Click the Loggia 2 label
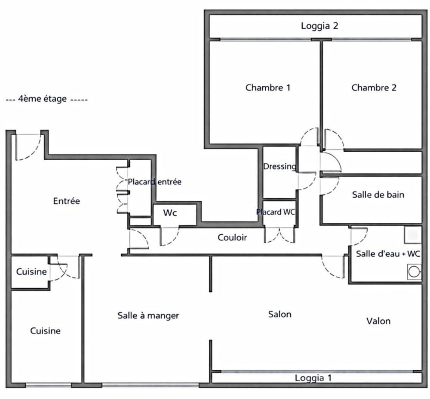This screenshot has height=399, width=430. click(x=319, y=26)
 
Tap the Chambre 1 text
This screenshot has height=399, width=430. click(x=268, y=87)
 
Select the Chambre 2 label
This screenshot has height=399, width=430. click(x=374, y=87)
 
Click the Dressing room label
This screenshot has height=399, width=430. click(x=279, y=166)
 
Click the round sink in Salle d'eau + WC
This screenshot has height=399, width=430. click(x=414, y=272)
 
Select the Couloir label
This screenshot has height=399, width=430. click(x=232, y=237)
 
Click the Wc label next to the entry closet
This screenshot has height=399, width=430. click(x=170, y=213)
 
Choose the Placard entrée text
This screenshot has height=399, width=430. click(x=154, y=182)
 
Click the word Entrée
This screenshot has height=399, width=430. click(x=66, y=201)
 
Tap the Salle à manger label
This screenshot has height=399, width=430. click(x=148, y=315)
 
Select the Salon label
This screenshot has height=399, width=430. click(x=279, y=314)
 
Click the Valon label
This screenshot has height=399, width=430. click(x=378, y=321)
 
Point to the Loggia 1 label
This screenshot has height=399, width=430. click(x=313, y=378)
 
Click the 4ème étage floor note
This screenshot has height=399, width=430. click(x=46, y=99)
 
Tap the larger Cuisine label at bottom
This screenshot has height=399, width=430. click(x=45, y=331)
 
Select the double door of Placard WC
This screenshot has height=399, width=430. click(x=279, y=235)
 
